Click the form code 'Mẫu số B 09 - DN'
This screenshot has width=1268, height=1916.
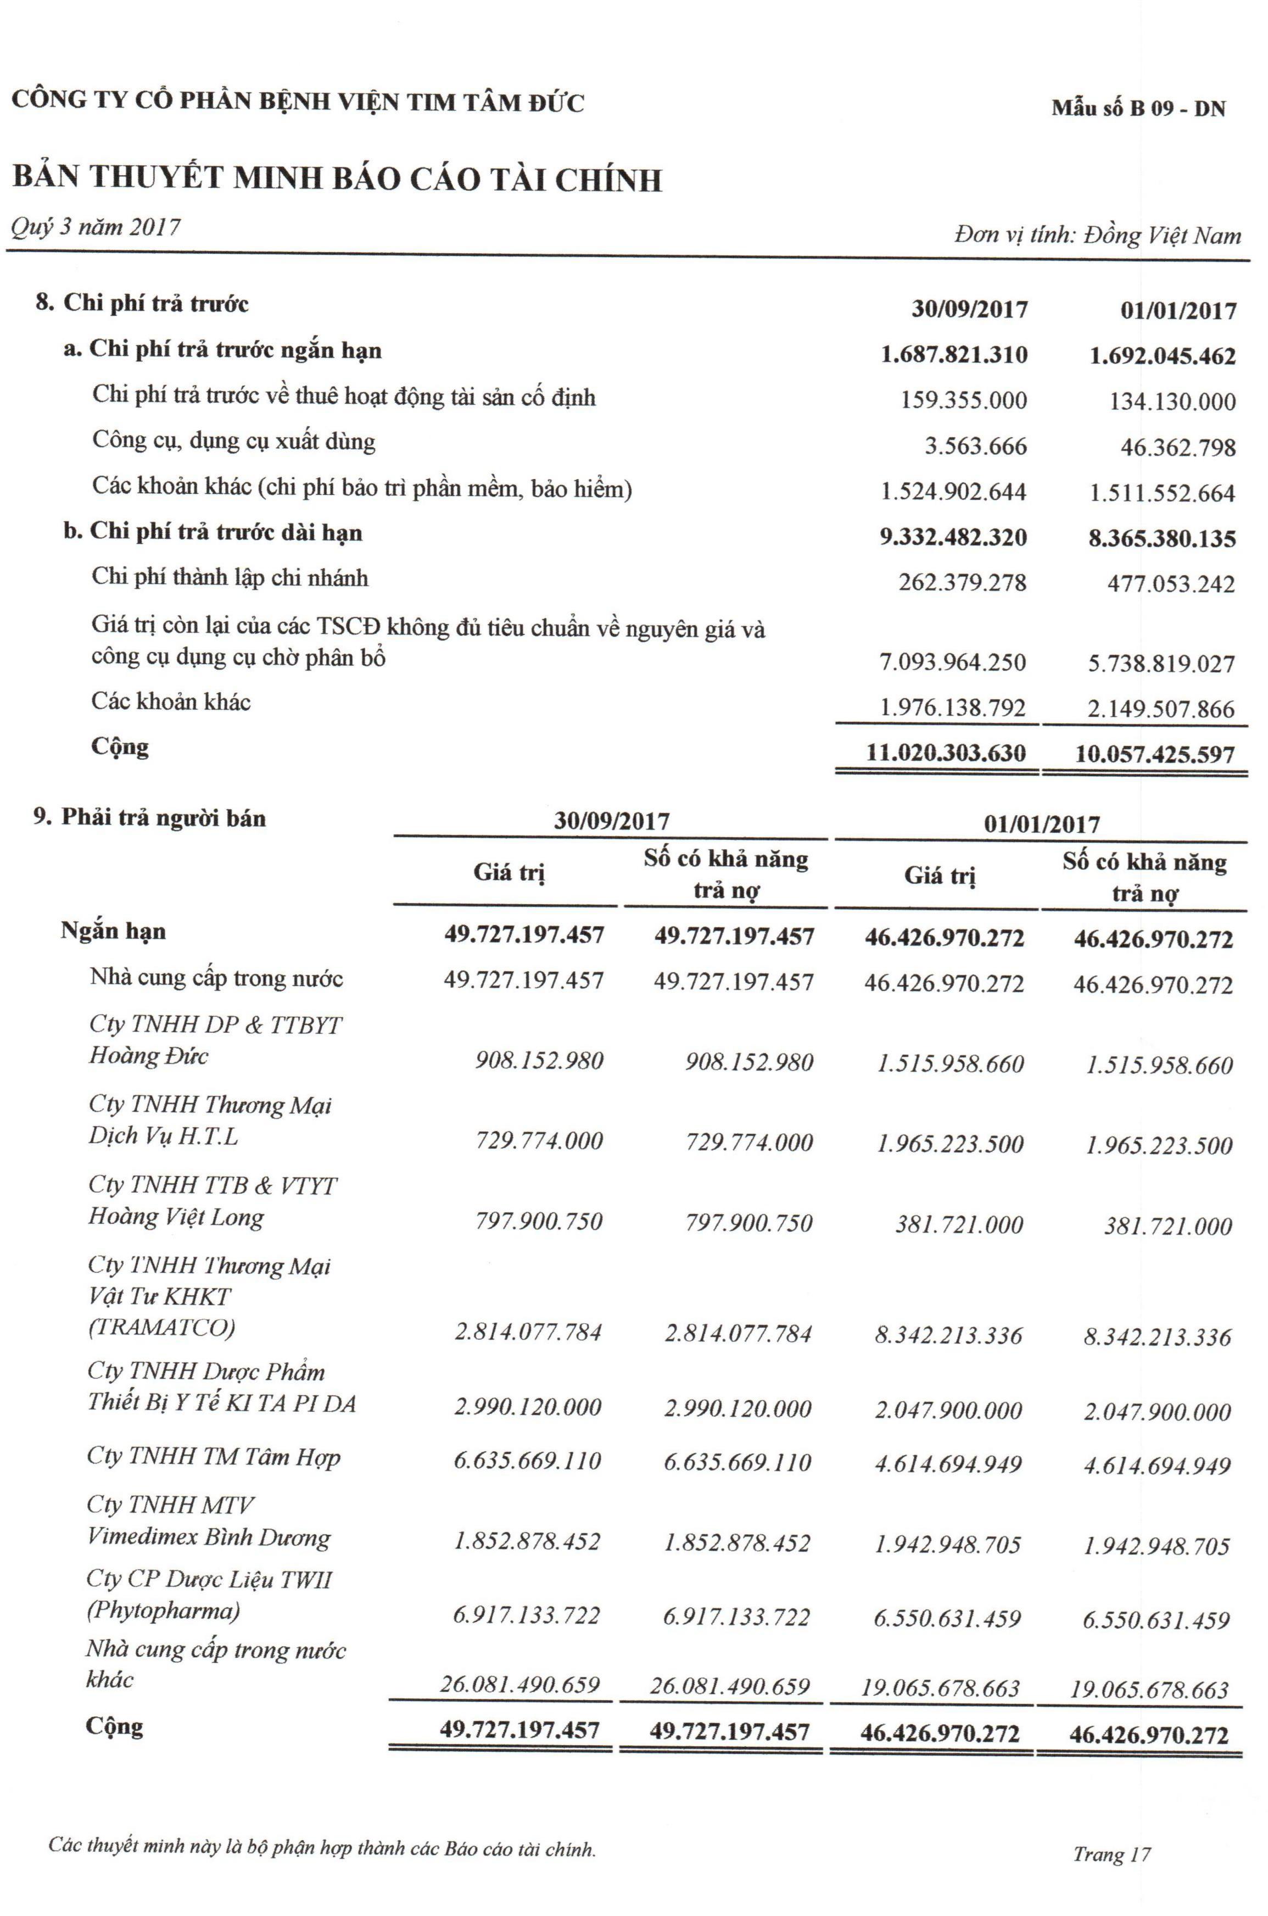(1138, 108)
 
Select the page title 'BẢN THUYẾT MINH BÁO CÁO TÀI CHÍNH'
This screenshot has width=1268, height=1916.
(337, 179)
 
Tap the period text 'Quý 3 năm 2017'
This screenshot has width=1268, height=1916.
(96, 227)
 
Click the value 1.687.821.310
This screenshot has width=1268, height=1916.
(954, 355)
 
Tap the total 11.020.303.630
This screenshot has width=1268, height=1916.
(945, 754)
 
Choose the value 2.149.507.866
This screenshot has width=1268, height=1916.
(1162, 709)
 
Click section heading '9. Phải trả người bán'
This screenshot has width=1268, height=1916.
(149, 818)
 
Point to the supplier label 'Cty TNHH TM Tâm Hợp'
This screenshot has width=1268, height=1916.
(214, 1457)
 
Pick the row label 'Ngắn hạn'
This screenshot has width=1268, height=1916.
(113, 931)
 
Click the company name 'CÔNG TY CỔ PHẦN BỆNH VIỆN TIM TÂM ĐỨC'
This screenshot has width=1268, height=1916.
(298, 103)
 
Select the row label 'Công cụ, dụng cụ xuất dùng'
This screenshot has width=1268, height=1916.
(234, 442)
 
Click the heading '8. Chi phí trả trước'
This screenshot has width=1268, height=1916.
(142, 304)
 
